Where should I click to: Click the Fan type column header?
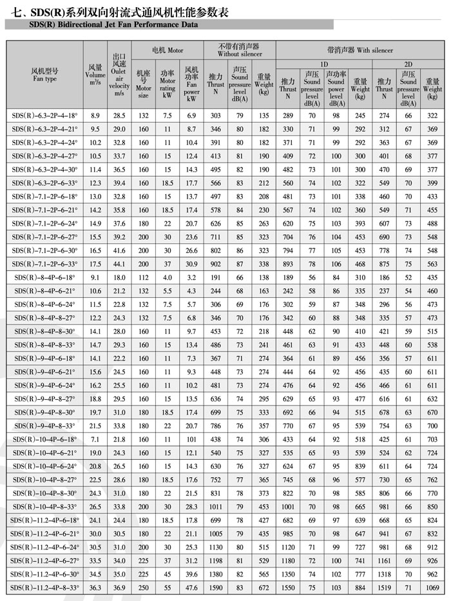(x=44, y=75)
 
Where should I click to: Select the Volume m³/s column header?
(x=95, y=75)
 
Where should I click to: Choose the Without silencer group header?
(x=238, y=50)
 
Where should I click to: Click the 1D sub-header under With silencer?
(x=323, y=64)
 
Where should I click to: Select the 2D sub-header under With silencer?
(x=408, y=64)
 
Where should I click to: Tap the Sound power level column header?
(x=336, y=89)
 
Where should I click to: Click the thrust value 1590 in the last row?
(x=216, y=587)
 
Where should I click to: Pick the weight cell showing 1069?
(x=432, y=587)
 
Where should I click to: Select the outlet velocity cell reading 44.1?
(x=119, y=264)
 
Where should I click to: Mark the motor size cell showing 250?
(x=144, y=587)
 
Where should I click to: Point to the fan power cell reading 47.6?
(x=191, y=587)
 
